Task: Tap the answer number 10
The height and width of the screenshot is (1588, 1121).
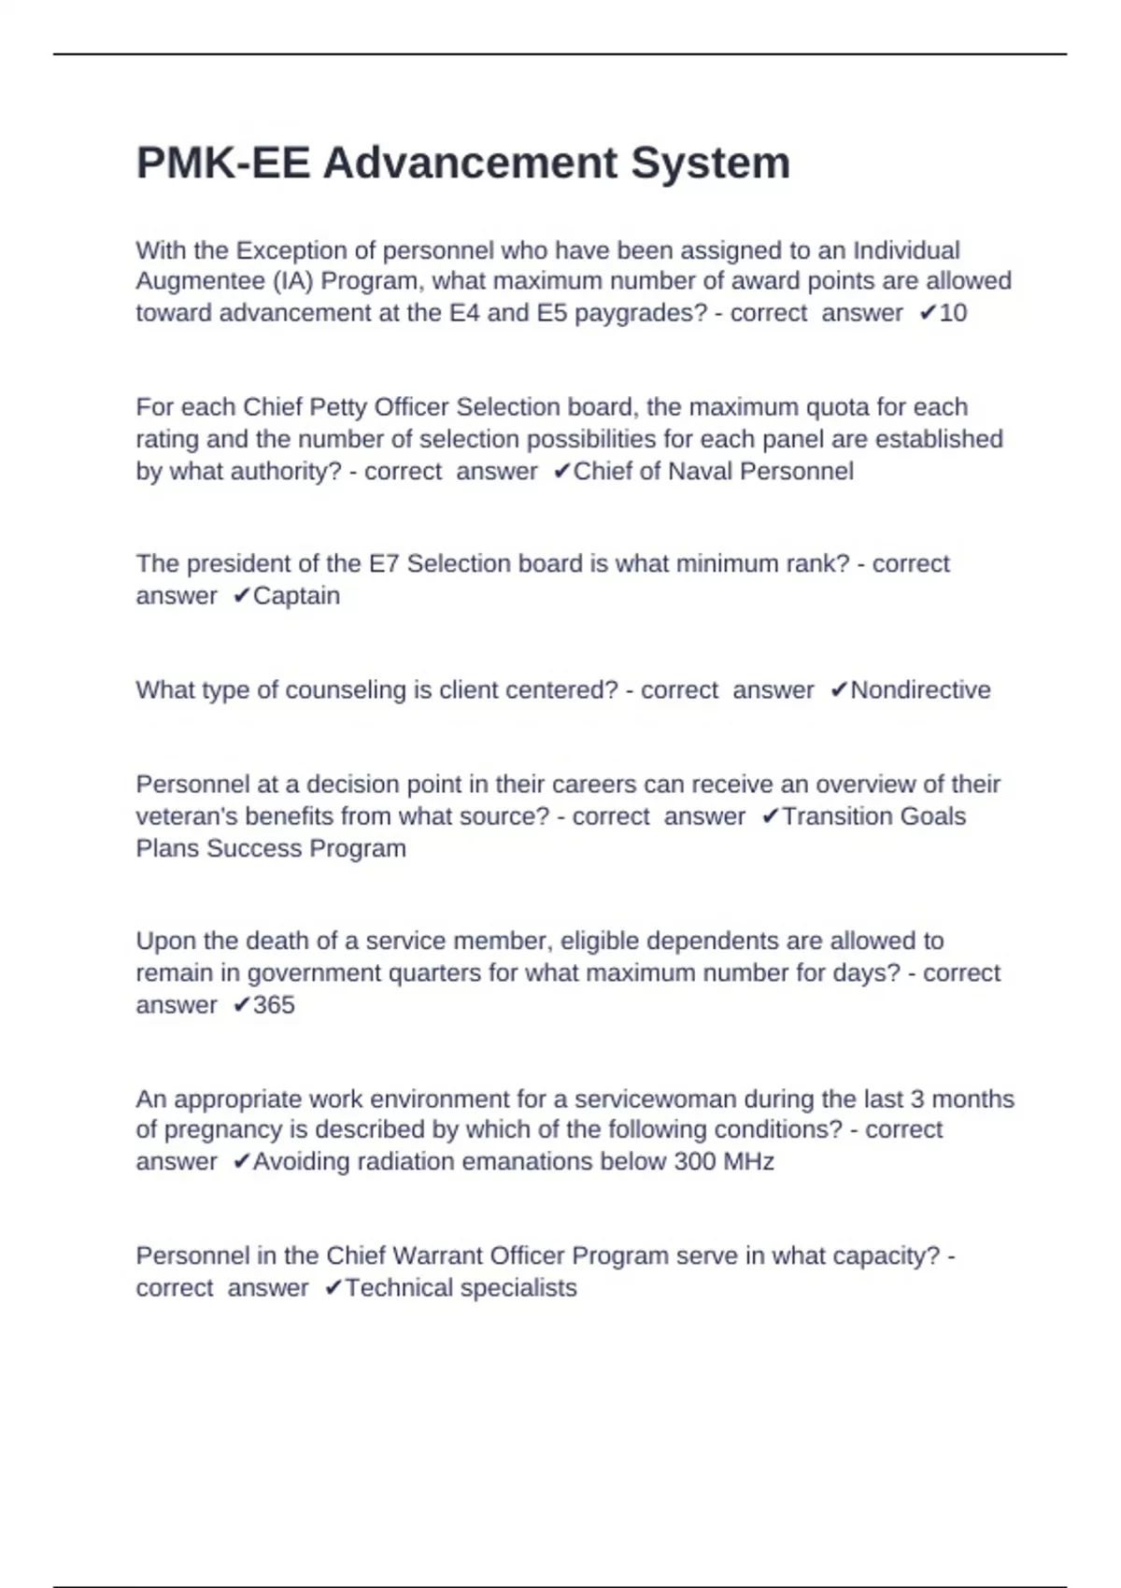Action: tap(953, 313)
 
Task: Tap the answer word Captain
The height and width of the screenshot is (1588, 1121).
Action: tap(296, 596)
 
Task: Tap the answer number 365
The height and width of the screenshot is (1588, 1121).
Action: tap(274, 1005)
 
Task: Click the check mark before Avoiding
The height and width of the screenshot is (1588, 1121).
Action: tap(242, 1162)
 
